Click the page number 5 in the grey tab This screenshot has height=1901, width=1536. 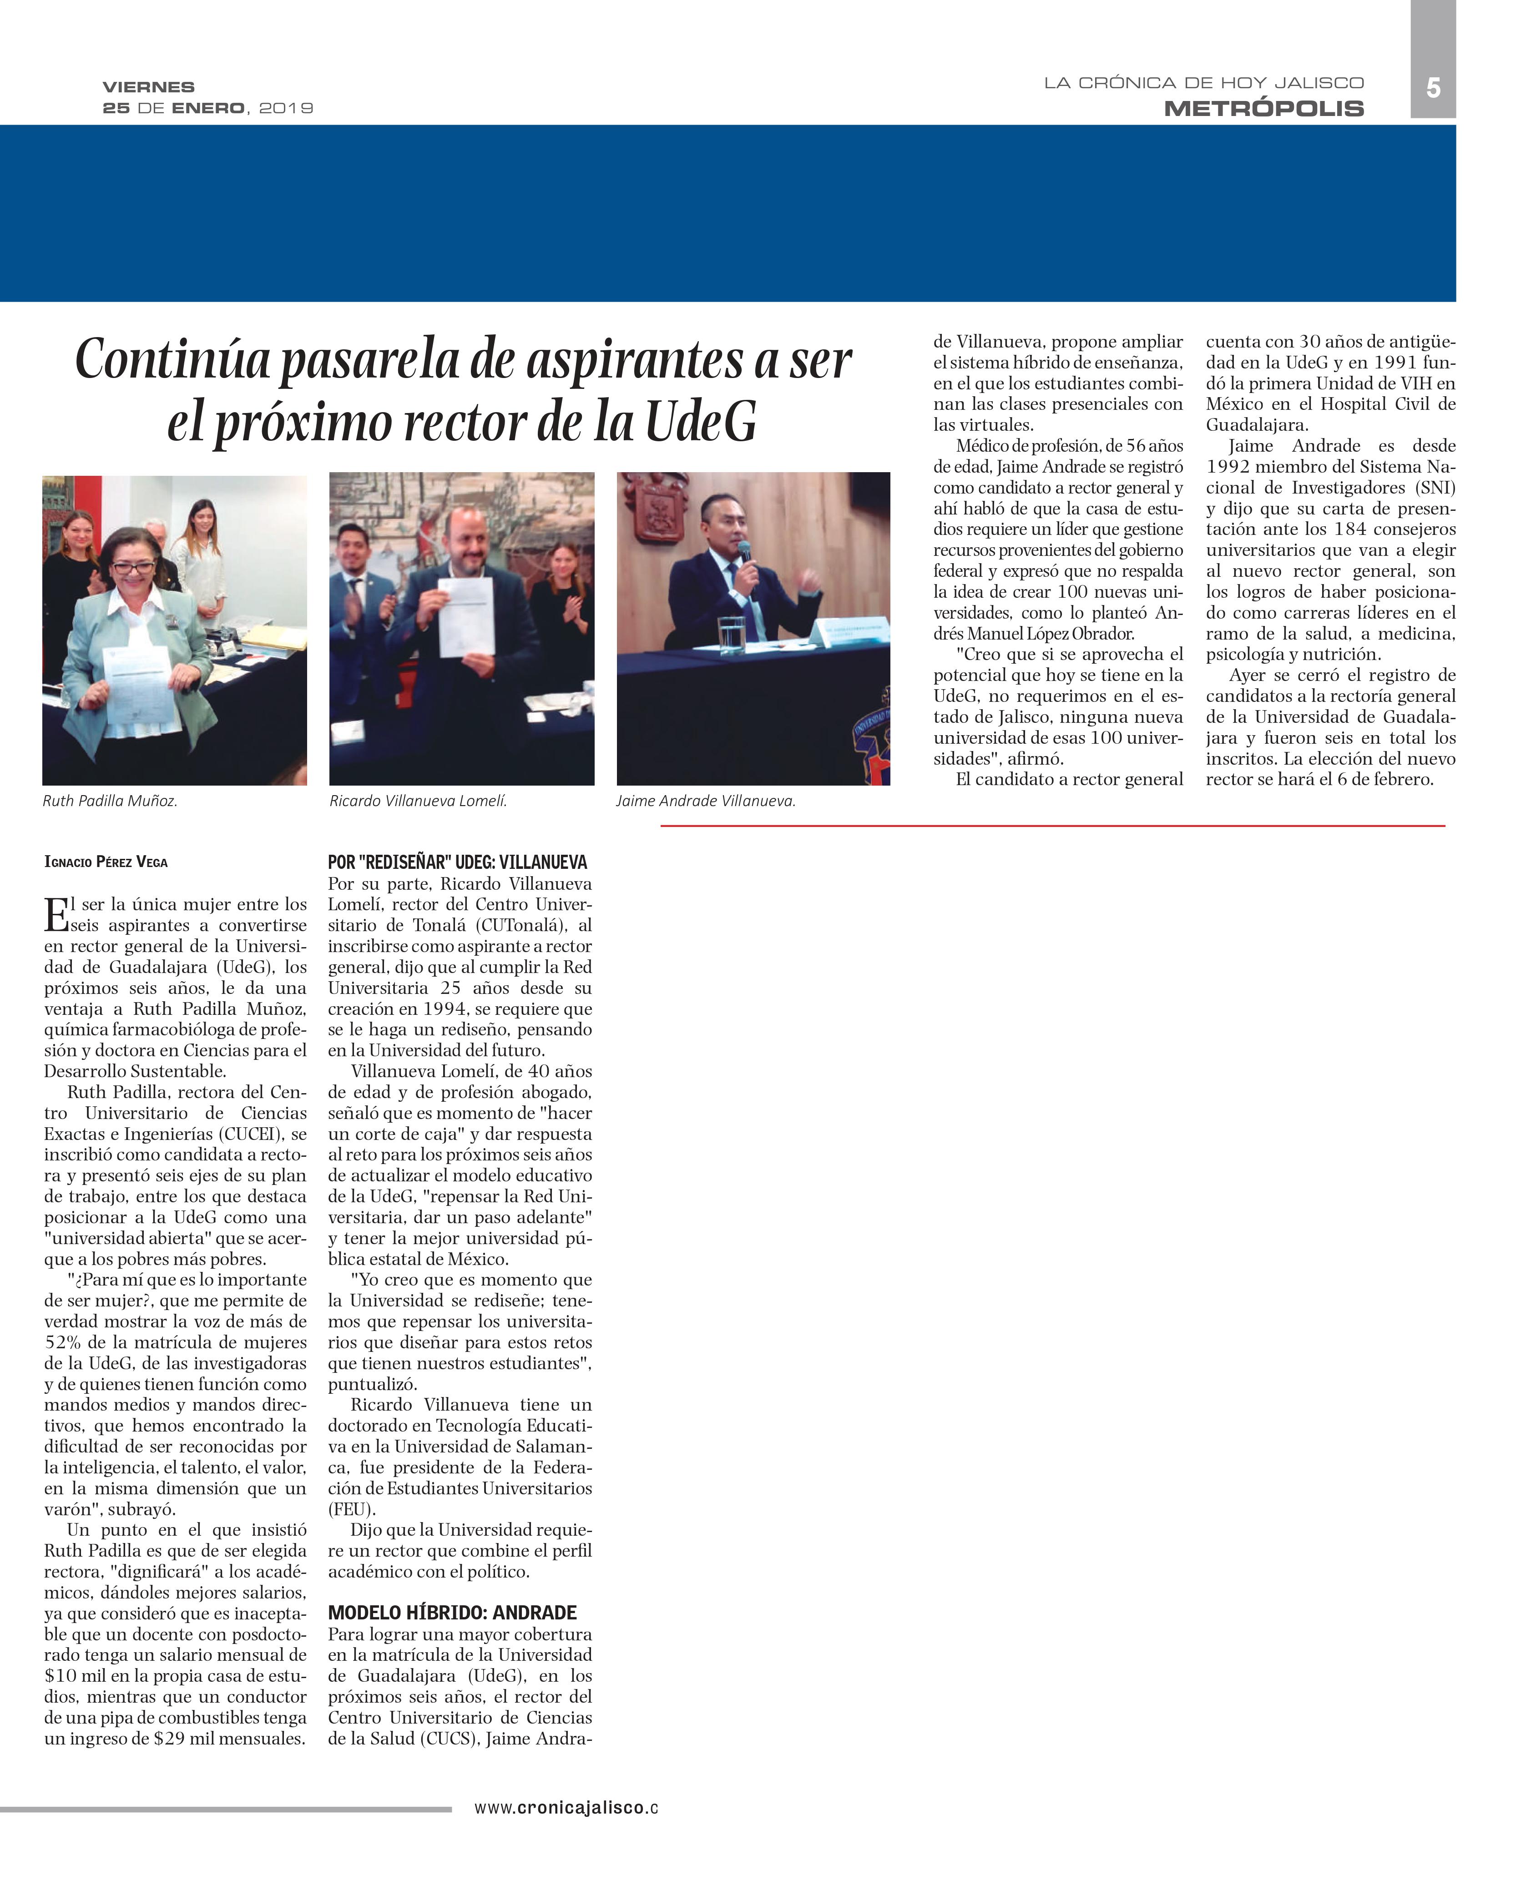(x=1432, y=88)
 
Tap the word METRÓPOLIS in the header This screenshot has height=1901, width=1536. (x=1263, y=109)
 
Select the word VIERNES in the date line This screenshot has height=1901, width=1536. (x=149, y=87)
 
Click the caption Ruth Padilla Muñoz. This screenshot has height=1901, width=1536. (x=110, y=802)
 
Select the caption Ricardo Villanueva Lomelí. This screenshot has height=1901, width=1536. (x=418, y=802)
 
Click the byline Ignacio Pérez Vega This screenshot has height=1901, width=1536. (x=106, y=862)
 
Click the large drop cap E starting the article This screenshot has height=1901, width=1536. (x=56, y=915)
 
